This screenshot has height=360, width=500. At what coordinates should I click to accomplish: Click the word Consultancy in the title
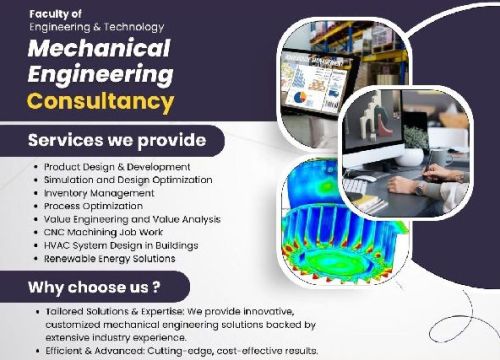click(x=100, y=101)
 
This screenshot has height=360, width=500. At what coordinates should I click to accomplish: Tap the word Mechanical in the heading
click(x=99, y=49)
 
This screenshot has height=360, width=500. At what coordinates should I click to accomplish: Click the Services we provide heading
click(x=117, y=139)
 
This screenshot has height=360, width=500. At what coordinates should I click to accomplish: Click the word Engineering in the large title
click(x=100, y=75)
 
